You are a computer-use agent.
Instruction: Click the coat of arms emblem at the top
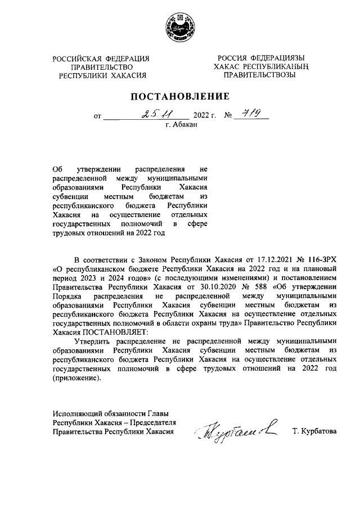(x=180, y=28)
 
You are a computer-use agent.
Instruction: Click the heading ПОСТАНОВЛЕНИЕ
(x=180, y=96)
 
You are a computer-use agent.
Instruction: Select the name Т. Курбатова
(x=314, y=431)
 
